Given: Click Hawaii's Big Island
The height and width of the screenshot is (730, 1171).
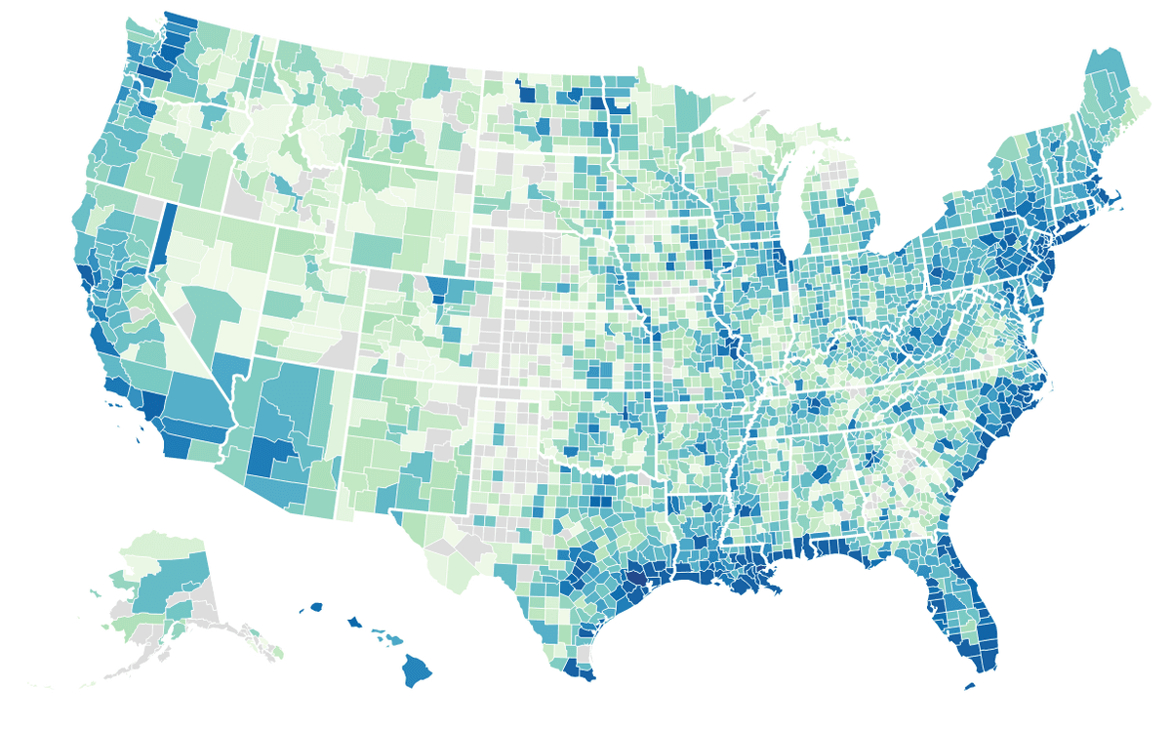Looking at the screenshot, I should (419, 671).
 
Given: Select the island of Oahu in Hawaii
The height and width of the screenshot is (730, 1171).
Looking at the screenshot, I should (353, 623).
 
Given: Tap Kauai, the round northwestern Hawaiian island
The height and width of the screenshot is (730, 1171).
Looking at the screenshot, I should (316, 607).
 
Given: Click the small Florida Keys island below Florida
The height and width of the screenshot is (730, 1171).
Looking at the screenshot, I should (969, 686).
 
